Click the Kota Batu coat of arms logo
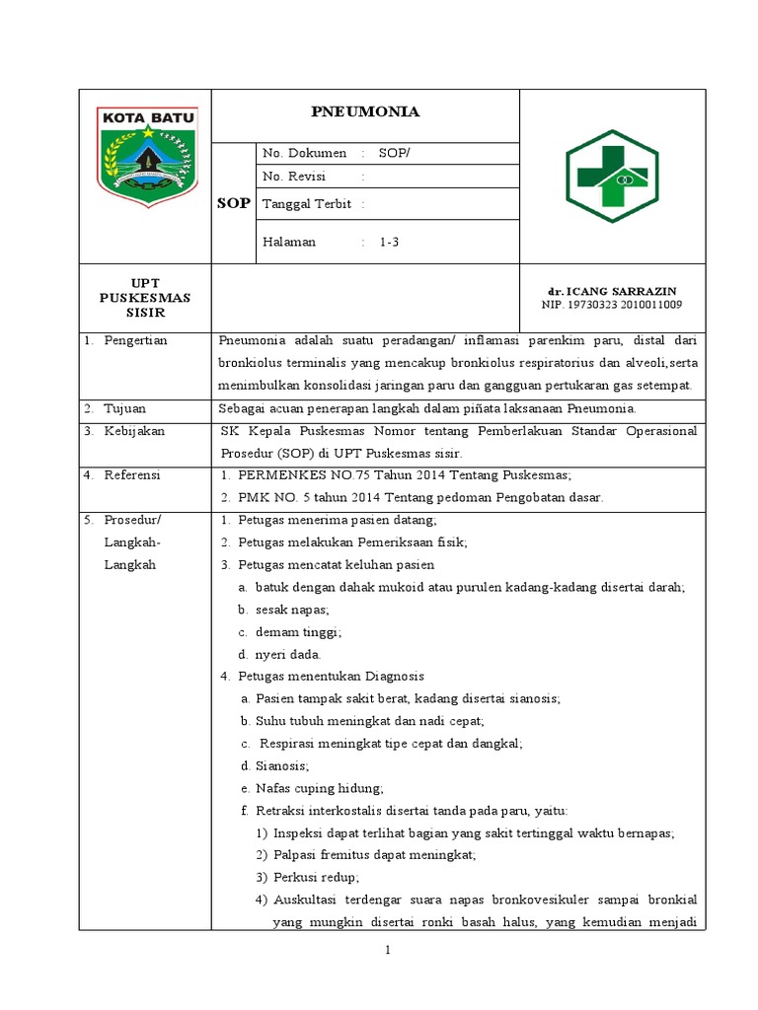(147, 155)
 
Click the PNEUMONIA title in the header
(366, 112)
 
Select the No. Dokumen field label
(304, 153)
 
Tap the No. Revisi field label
(294, 177)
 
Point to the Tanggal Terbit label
(308, 204)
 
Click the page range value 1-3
(389, 243)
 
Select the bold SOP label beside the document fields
(234, 203)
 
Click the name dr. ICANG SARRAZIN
(611, 292)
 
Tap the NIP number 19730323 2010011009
(611, 305)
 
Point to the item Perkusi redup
(315, 877)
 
